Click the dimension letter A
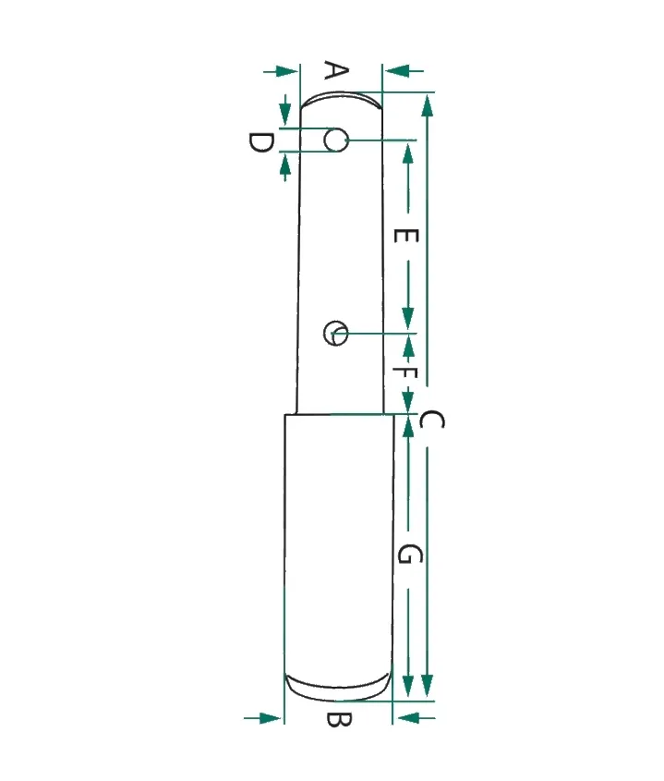[x=336, y=70]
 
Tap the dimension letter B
[x=339, y=720]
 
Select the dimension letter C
[x=431, y=420]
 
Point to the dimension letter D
[x=260, y=143]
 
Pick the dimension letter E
[x=405, y=236]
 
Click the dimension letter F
[x=405, y=372]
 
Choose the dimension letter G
[x=410, y=554]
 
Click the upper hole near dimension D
[x=335, y=140]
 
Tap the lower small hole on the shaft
[x=335, y=333]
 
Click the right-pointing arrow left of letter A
[x=281, y=71]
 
